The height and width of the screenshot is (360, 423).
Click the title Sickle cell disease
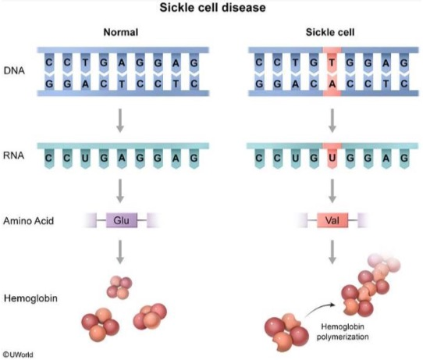tap(212, 7)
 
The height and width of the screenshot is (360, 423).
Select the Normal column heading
tap(121, 32)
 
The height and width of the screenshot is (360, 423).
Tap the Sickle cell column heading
tap(330, 32)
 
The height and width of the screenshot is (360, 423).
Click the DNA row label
tap(14, 71)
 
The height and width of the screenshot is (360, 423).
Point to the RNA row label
tap(14, 155)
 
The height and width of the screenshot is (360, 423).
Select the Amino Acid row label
tap(29, 221)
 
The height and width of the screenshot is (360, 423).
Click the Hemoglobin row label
tap(30, 298)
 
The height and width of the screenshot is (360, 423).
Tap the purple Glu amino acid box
tap(122, 220)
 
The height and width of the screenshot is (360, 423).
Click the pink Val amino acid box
tap(332, 220)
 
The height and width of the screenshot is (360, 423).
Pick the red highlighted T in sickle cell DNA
tap(332, 63)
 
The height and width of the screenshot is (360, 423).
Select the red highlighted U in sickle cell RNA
tap(332, 158)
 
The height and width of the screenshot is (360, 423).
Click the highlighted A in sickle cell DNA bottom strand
tap(332, 84)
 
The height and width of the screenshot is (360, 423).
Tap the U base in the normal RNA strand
tap(85, 158)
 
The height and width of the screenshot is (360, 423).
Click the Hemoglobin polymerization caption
tap(343, 332)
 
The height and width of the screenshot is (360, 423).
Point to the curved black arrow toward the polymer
tap(320, 308)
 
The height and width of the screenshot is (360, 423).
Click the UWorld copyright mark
tap(18, 355)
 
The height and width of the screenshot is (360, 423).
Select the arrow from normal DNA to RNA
tap(120, 120)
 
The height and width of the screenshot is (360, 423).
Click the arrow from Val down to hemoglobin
tap(332, 252)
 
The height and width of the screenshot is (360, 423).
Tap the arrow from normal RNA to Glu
tap(120, 191)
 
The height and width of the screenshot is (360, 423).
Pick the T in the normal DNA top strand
tap(85, 63)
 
